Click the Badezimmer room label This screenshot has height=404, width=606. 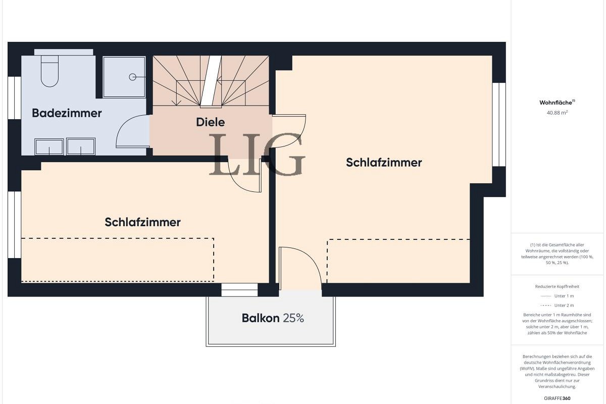coord(67,113)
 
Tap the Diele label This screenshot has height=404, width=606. coord(211,122)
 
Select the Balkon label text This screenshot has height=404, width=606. coord(261,318)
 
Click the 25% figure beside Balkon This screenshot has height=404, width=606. coord(293,318)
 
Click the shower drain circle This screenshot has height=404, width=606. coord(132,77)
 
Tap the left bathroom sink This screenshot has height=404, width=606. coord(49,147)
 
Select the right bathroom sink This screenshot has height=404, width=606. coord(81,147)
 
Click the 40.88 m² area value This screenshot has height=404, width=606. coord(557,113)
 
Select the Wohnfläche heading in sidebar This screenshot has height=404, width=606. coord(556,103)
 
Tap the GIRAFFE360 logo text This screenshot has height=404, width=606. coord(557,398)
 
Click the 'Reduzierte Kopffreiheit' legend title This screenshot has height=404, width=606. coord(557,286)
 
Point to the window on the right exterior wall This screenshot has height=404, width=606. coord(499,124)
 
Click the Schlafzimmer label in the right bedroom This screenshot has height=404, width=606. coord(384,163)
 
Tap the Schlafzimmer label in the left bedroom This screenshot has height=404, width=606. coord(143,222)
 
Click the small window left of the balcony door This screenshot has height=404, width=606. coord(239,290)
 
